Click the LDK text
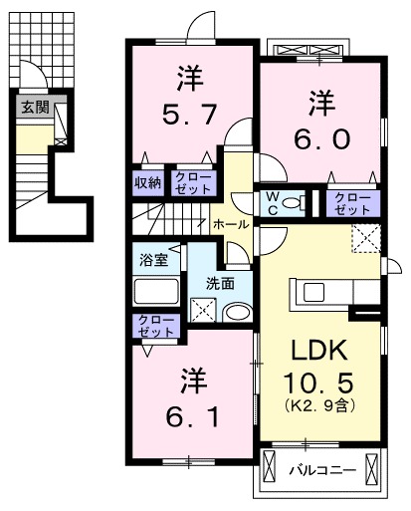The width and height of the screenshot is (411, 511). tap(319, 352)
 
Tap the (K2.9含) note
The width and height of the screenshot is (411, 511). tap(319, 407)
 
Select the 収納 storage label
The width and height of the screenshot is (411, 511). tap(149, 182)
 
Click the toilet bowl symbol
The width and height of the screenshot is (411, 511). tap(295, 204)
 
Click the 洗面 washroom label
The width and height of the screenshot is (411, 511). tap(221, 282)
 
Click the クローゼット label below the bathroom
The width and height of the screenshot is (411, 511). tap(157, 326)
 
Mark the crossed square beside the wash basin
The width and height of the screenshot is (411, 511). tap(203, 310)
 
